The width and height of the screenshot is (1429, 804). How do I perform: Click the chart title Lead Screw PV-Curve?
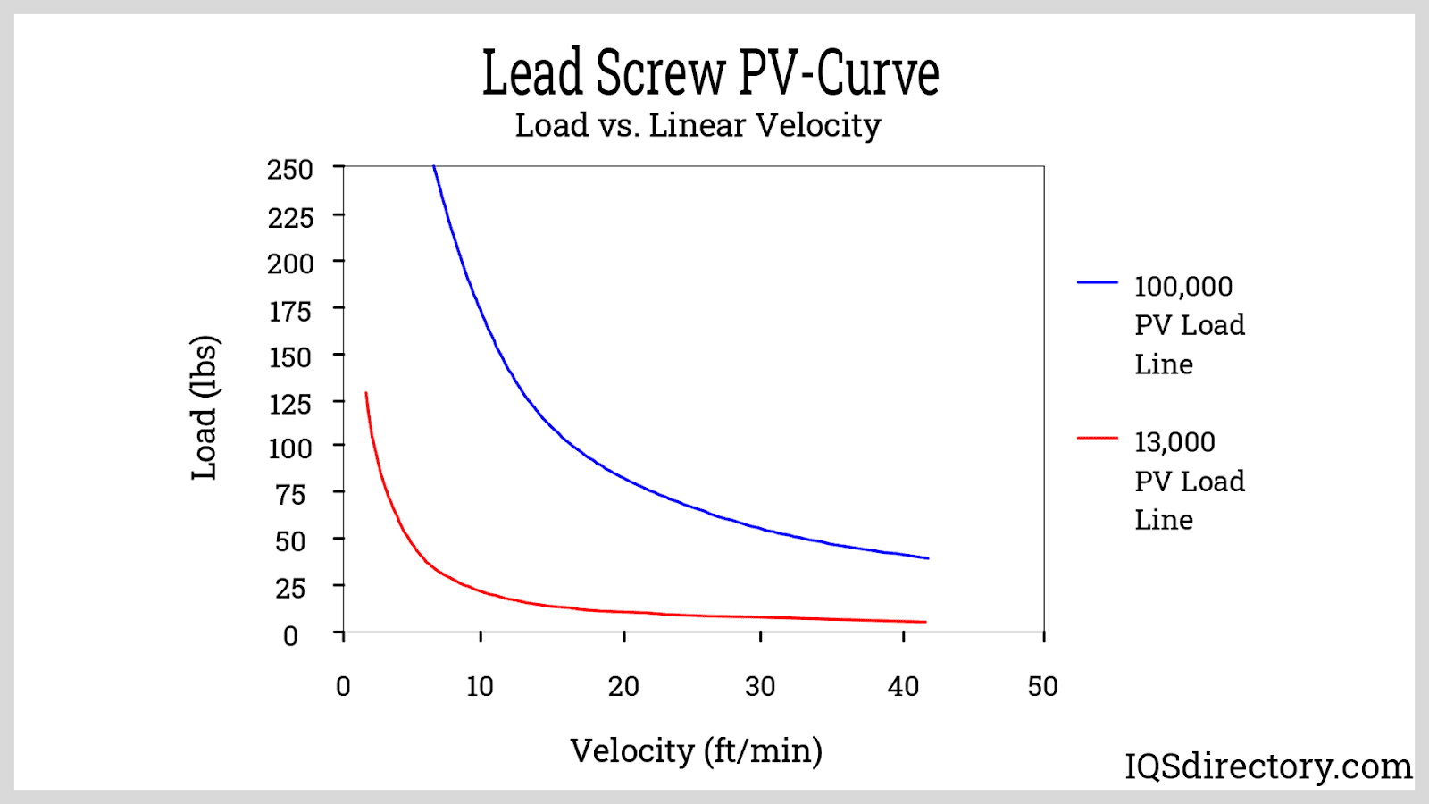(710, 73)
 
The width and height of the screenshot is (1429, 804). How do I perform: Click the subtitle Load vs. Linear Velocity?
(698, 125)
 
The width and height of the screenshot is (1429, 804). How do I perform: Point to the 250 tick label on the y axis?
(290, 170)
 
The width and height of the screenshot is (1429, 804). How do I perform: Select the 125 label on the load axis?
(290, 404)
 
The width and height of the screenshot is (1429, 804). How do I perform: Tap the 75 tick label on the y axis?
(290, 495)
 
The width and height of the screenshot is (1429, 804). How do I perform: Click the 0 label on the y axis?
(290, 636)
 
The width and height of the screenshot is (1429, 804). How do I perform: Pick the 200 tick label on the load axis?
(290, 264)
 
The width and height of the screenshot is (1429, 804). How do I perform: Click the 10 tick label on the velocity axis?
(480, 686)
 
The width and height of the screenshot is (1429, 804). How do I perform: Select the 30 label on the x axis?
(760, 686)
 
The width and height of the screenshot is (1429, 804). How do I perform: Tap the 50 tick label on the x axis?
(1042, 686)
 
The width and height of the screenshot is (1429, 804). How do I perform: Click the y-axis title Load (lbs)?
(205, 407)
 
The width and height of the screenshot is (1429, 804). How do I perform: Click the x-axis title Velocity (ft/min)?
(696, 751)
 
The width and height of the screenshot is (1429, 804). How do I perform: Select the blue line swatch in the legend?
(1098, 282)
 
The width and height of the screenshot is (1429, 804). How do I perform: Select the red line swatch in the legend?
(1098, 438)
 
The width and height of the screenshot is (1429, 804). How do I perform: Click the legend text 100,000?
(1183, 287)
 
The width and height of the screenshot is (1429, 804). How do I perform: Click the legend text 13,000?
(1174, 442)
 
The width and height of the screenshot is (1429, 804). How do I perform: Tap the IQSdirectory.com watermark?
(1267, 766)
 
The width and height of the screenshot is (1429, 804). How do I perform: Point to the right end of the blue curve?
(928, 558)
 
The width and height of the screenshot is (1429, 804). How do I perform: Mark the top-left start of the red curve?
(366, 393)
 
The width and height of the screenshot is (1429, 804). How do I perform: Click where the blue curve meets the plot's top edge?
(434, 166)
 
